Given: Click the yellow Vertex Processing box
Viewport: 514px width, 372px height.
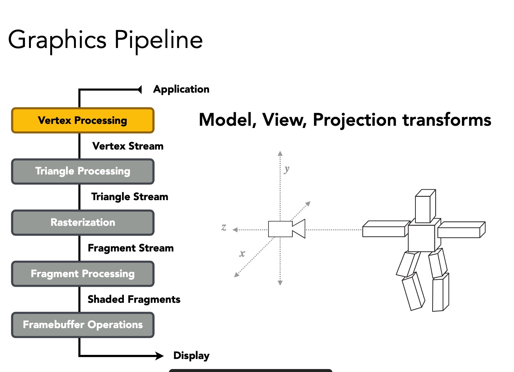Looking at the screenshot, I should point(83,121).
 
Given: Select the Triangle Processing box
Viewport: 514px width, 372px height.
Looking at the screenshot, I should point(83,171).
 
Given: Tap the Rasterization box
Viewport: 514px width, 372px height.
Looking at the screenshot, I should point(83,222).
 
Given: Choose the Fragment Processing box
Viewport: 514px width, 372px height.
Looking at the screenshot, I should point(83,274).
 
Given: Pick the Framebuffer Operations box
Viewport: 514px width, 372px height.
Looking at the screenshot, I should point(83,325).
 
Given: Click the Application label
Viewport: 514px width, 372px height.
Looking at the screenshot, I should point(181,89).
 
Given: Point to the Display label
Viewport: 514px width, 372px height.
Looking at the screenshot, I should point(191,356).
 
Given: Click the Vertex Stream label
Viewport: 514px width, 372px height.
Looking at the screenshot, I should point(128,146).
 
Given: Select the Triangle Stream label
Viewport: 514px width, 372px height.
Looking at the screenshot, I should point(129,197).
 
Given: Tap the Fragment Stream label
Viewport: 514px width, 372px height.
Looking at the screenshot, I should point(131,248).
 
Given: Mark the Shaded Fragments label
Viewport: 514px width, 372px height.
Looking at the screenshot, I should point(134,299).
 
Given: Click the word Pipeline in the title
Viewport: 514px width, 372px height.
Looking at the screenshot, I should point(158,40).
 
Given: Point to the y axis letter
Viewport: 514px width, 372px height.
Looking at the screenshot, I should point(286,169).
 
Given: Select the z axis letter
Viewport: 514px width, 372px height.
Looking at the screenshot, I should point(224,227).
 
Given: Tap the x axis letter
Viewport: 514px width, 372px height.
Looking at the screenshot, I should point(242,254).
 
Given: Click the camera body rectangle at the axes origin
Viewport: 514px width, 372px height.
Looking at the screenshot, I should point(280,229).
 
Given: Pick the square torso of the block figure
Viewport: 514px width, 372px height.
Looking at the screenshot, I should point(421,238).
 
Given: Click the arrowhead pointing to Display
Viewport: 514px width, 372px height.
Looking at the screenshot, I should point(160,356).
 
